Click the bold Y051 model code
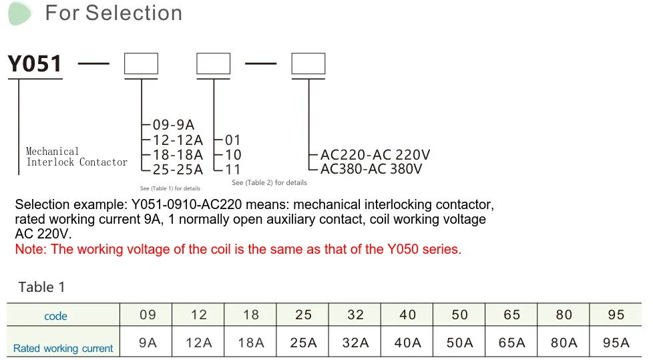click(x=35, y=64)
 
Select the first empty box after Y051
click(x=141, y=64)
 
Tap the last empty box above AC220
click(x=308, y=64)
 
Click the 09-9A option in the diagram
click(x=173, y=125)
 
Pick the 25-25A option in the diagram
click(x=178, y=170)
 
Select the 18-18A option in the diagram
click(x=178, y=155)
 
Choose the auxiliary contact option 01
click(x=232, y=140)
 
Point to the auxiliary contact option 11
click(x=232, y=170)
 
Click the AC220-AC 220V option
click(x=375, y=155)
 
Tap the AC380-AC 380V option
click(x=371, y=170)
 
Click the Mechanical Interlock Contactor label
click(x=76, y=157)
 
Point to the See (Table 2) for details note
click(x=269, y=182)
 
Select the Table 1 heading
click(x=41, y=287)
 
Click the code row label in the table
click(x=55, y=316)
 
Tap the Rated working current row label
click(x=63, y=348)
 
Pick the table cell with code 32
click(x=355, y=315)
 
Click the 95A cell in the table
click(x=616, y=343)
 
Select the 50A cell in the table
click(x=459, y=343)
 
